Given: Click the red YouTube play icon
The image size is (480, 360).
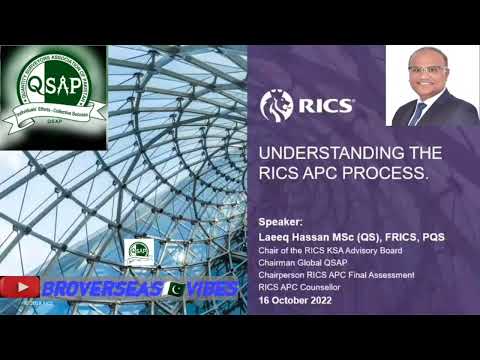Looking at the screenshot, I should [x=20, y=288].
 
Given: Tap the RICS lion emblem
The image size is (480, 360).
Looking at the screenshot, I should [x=275, y=105].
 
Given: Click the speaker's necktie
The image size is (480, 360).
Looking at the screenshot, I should [x=420, y=111].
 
